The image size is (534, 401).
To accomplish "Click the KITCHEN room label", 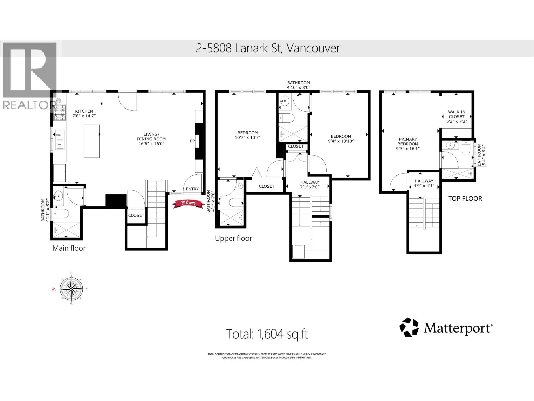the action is (x=84, y=111).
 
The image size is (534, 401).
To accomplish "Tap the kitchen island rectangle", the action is (x=92, y=141).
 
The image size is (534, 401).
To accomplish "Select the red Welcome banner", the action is (x=188, y=204).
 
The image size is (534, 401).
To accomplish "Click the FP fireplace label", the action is (x=192, y=141).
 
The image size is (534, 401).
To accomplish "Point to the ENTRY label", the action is (x=192, y=189).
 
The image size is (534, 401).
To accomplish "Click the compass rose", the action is (x=71, y=289).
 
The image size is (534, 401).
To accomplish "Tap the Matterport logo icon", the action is (x=409, y=327).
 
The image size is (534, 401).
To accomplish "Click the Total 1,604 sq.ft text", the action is (x=267, y=334).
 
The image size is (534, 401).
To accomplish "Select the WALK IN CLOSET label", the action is (x=456, y=114).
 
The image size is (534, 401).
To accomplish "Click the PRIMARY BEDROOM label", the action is (x=408, y=141).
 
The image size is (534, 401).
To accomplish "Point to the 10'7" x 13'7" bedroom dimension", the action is (x=247, y=138).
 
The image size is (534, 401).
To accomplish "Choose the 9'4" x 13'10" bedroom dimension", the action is (x=341, y=141).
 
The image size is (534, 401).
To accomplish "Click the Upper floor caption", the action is (x=233, y=238).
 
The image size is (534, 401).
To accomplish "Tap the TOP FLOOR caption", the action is (x=465, y=199).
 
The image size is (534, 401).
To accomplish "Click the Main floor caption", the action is (x=69, y=248).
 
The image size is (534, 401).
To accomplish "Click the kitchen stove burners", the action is (x=60, y=113).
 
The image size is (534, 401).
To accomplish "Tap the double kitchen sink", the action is (x=60, y=140).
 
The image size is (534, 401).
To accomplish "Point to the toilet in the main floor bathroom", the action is (x=61, y=214).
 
